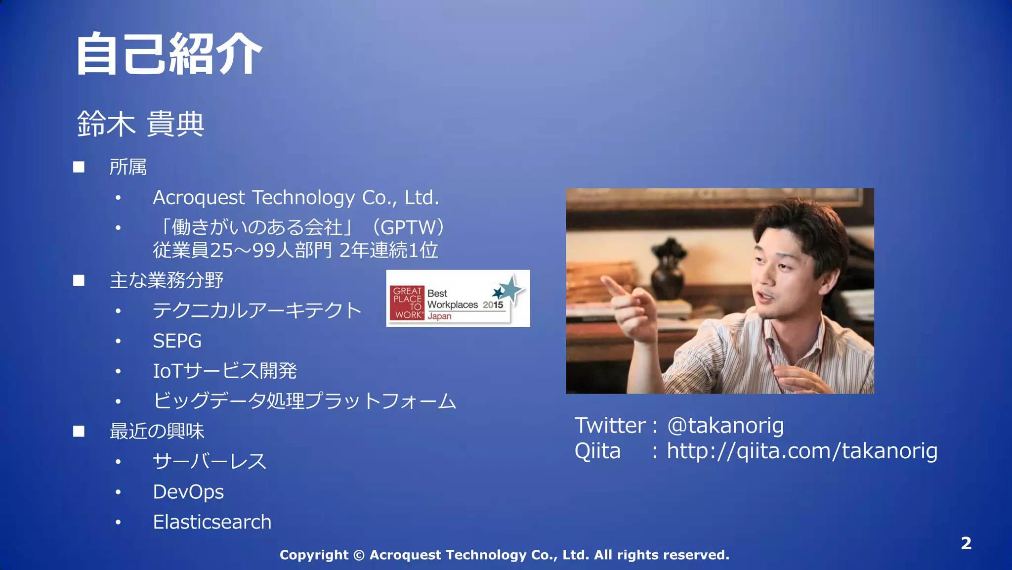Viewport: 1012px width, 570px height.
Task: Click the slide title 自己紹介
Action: pos(169,54)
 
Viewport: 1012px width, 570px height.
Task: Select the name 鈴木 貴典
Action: pos(141,124)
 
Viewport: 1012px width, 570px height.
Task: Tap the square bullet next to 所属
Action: pos(79,167)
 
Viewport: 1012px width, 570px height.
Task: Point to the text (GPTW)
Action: pos(408,227)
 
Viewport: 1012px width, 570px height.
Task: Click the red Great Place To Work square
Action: pos(407,303)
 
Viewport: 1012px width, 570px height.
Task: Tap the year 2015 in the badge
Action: pos(493,305)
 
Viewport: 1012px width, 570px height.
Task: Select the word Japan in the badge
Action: pos(439,316)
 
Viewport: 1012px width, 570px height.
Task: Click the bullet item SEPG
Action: pos(177,341)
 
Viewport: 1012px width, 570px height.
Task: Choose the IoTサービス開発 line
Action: pos(224,371)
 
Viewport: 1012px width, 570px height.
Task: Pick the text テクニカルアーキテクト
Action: pos(257,310)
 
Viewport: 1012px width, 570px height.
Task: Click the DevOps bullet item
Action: pos(188,492)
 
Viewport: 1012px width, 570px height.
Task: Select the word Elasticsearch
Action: pos(212,522)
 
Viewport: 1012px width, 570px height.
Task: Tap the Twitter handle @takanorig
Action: pos(725,426)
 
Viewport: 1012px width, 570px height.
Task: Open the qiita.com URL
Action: pos(801,451)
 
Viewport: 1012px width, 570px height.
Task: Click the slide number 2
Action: pos(966,543)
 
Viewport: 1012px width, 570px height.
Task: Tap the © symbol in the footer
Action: pos(359,555)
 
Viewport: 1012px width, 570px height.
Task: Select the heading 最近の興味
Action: pos(157,432)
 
